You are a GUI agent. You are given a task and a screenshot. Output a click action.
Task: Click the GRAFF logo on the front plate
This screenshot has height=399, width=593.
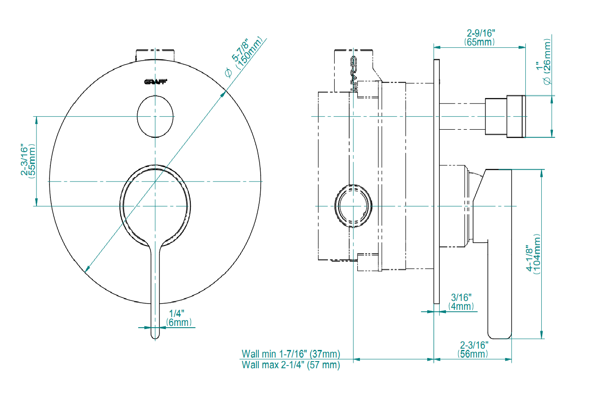coord(155,82)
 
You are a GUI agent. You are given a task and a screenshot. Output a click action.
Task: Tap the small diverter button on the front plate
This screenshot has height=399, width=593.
coord(155,116)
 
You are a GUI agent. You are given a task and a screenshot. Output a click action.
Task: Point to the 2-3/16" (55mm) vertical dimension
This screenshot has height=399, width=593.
coord(28,160)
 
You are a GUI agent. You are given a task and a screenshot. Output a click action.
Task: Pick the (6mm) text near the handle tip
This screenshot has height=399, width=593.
coord(179,322)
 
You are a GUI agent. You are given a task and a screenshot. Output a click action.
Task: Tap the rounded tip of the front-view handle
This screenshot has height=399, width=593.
coord(155,335)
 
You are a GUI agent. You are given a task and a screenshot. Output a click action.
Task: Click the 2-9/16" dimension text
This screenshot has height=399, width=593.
coord(481,33)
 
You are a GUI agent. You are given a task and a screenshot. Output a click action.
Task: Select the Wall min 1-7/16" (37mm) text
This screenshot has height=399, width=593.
coord(290,354)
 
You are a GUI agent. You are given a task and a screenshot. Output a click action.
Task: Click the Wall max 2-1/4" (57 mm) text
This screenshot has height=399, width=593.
coord(290,366)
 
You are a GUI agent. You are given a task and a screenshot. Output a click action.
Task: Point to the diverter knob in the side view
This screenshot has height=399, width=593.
coord(506,116)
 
